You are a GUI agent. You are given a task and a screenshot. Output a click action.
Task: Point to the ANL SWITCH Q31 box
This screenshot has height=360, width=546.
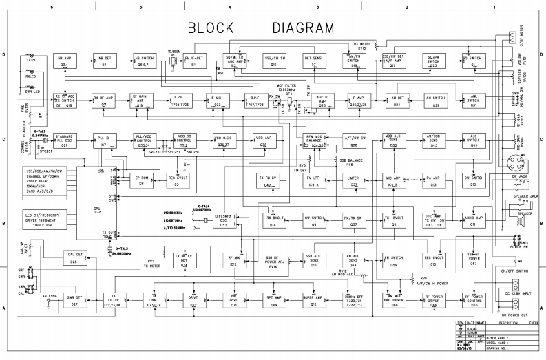(474, 101)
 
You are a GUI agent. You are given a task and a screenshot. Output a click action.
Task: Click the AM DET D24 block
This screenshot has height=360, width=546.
(396, 101)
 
